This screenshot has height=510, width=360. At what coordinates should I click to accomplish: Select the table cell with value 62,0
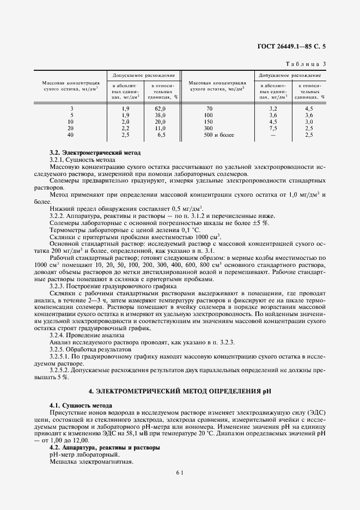160,109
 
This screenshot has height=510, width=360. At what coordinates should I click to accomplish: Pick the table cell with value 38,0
160,116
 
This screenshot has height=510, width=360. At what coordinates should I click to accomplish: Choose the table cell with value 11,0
160,128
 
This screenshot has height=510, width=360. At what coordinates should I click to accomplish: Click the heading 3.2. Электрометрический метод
95,153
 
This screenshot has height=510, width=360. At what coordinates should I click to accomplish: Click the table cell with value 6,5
160,135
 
